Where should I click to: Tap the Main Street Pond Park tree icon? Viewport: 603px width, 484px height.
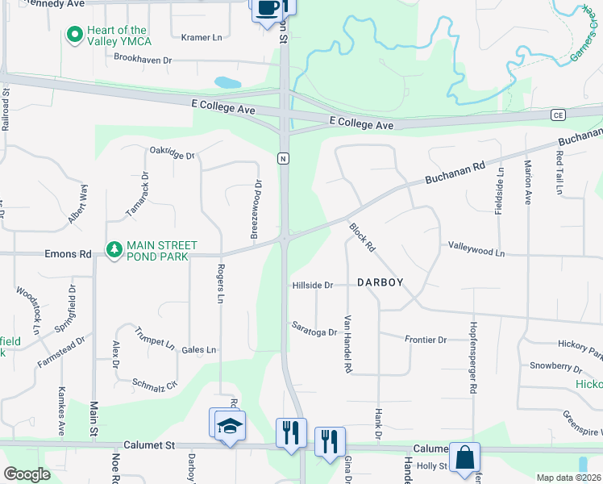(x=114, y=250)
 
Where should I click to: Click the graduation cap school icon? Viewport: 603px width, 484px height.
(x=231, y=426)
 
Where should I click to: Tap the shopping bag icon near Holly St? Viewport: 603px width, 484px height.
(x=465, y=459)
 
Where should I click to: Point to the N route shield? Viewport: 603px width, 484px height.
(x=283, y=158)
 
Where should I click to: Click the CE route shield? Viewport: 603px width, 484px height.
(x=557, y=115)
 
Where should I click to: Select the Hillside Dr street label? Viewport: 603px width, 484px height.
(x=313, y=285)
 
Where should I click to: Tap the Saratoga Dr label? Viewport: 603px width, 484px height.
(x=314, y=331)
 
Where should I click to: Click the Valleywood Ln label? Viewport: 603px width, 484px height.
(x=476, y=252)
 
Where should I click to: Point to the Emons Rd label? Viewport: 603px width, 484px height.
(x=69, y=252)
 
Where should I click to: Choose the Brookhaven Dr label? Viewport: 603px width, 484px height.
(x=143, y=59)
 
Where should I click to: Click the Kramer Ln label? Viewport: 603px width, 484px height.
(x=201, y=37)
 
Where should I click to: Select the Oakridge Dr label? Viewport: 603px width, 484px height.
(x=173, y=154)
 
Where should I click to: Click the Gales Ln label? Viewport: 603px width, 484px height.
(x=199, y=349)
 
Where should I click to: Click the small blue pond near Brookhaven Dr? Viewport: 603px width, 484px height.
(x=227, y=82)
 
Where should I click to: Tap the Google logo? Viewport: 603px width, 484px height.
(x=27, y=474)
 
